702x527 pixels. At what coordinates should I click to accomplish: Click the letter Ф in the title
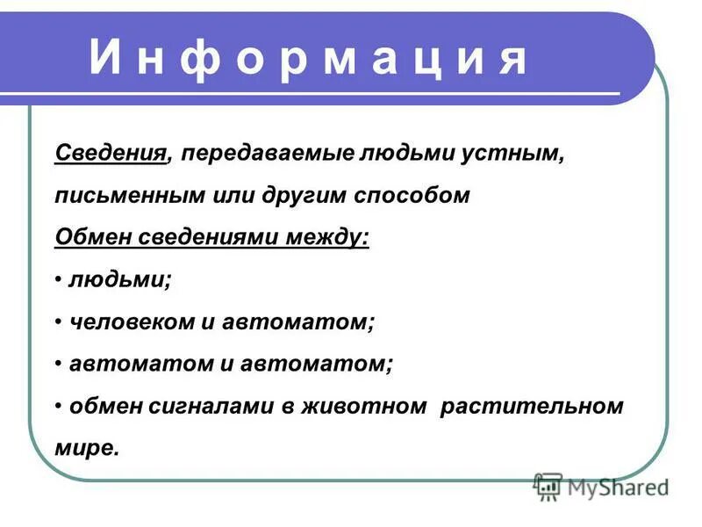pos(201,59)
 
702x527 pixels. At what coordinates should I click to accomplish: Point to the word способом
pos(412,194)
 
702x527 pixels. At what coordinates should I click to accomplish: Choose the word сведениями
pos(200,236)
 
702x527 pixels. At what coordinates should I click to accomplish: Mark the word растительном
pos(533,407)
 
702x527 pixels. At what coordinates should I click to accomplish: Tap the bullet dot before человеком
pos(58,321)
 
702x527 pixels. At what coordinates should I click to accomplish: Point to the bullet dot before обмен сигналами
pos(58,407)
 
